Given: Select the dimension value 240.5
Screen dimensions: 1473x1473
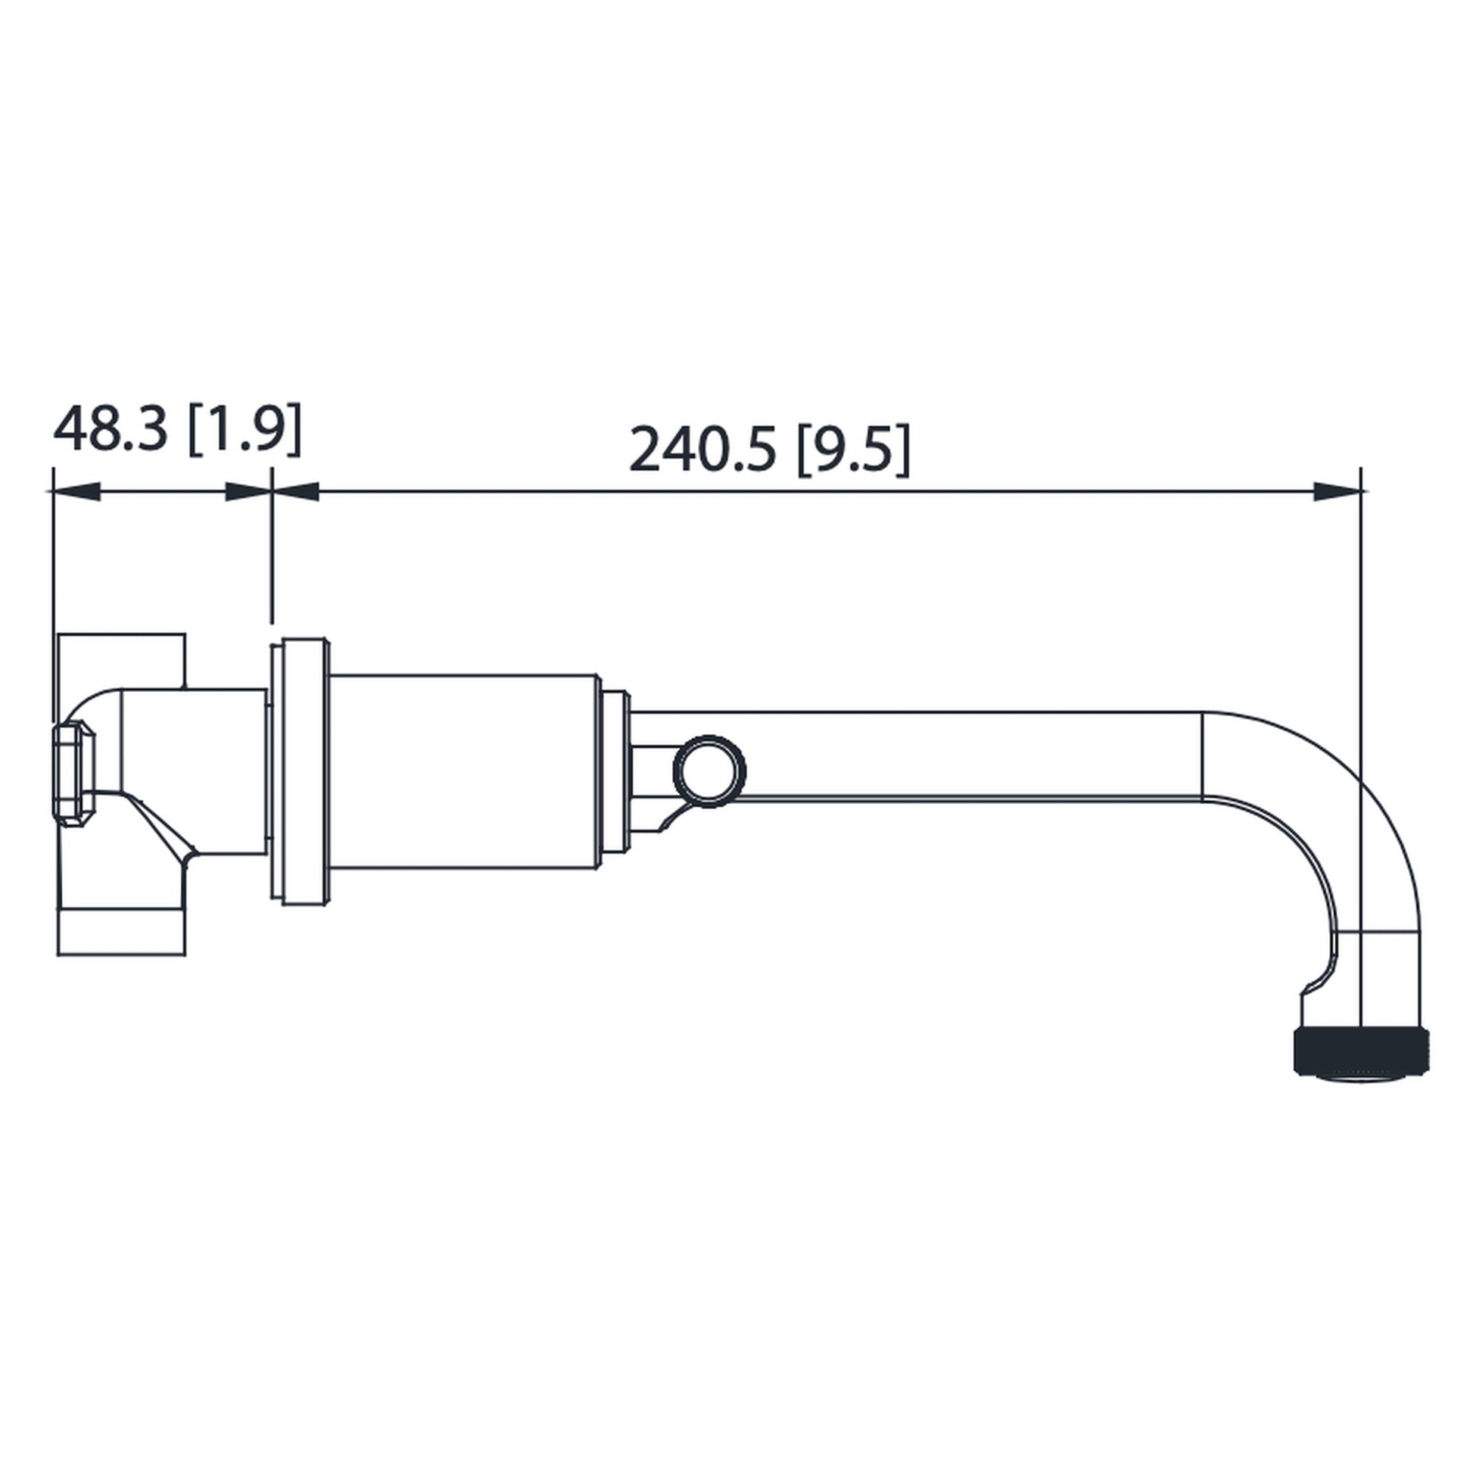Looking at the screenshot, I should point(702,449).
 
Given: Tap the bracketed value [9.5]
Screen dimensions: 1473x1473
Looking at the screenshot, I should point(853,449).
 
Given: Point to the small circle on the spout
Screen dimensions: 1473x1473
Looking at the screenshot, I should point(710,771).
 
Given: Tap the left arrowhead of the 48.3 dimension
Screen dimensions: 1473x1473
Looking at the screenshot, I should point(76,492).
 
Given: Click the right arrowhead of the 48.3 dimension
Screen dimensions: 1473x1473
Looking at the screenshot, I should point(248,492).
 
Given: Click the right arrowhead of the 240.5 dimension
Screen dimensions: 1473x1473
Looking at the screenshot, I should point(1336,492).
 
